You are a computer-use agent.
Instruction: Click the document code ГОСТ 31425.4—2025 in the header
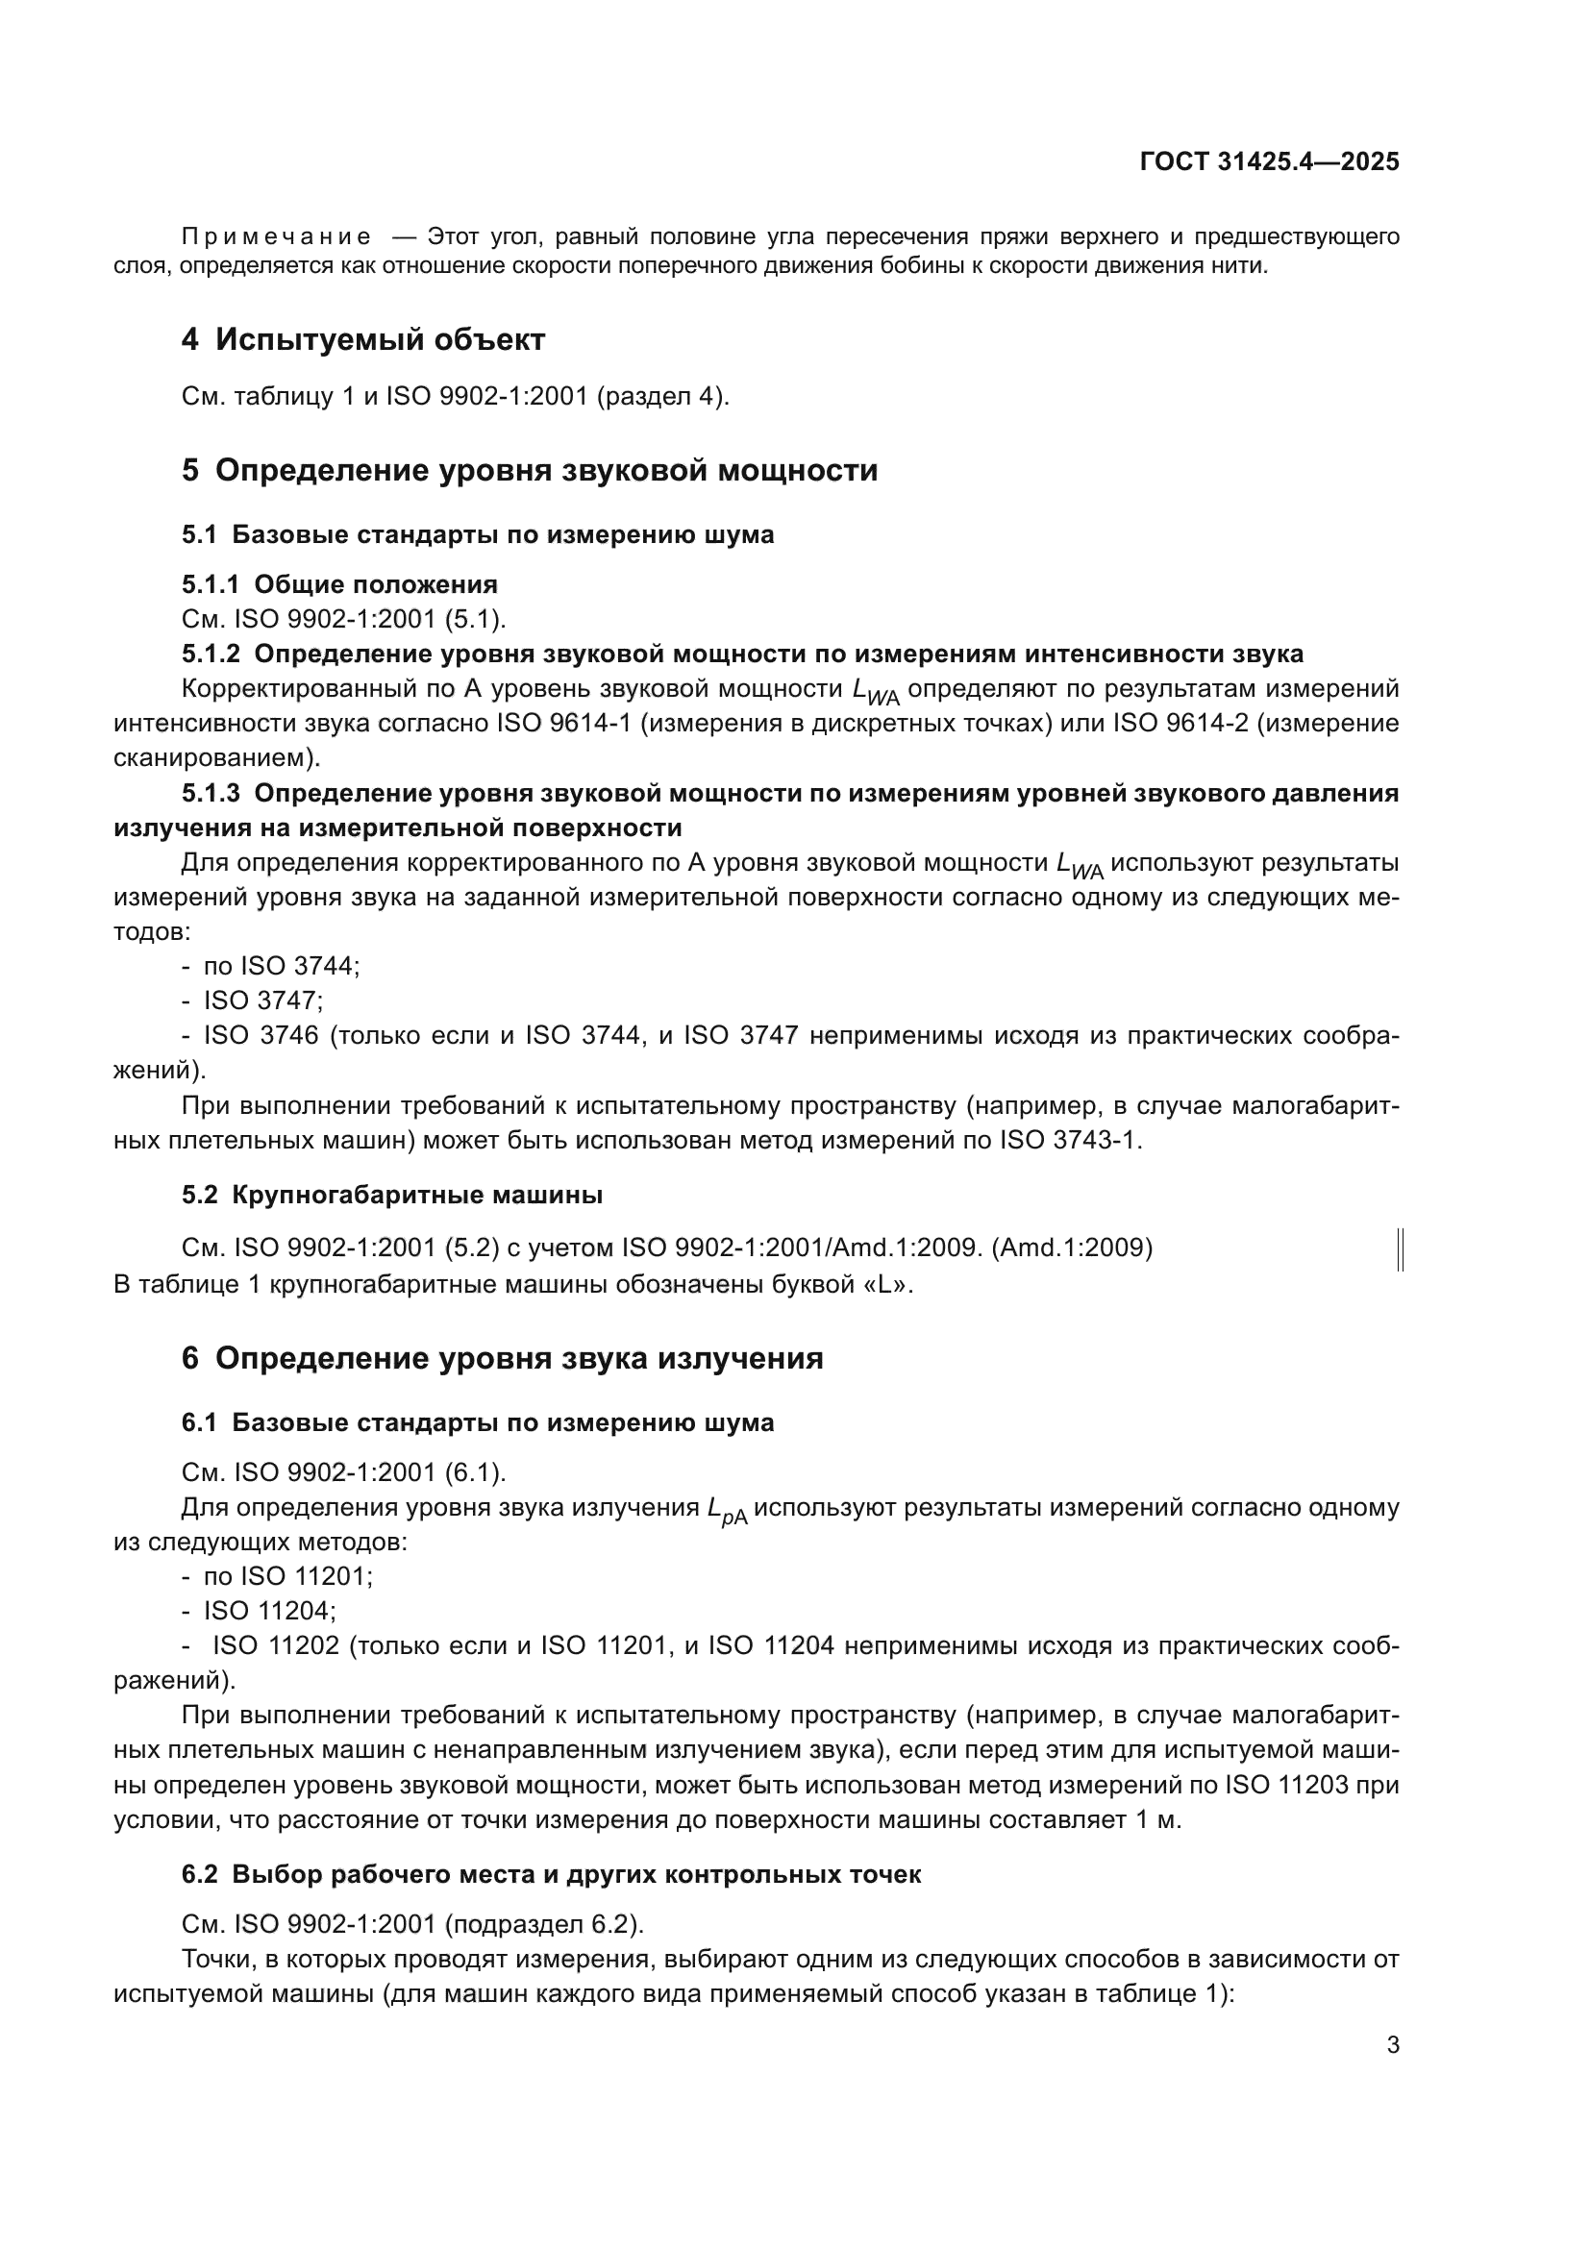tap(1269, 161)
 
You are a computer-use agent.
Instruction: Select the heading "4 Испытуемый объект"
tap(363, 339)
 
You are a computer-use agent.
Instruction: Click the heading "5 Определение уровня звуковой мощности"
tap(530, 470)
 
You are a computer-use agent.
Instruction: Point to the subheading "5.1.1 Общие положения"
tap(339, 584)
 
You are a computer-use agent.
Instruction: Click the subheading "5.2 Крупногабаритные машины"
tap(391, 1195)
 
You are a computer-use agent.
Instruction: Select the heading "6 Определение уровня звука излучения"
tap(502, 1358)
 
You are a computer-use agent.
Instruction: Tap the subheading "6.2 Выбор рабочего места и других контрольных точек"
tap(551, 1874)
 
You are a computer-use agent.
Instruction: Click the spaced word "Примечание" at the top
tap(277, 237)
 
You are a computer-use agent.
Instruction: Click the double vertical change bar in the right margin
tap(1400, 1250)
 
